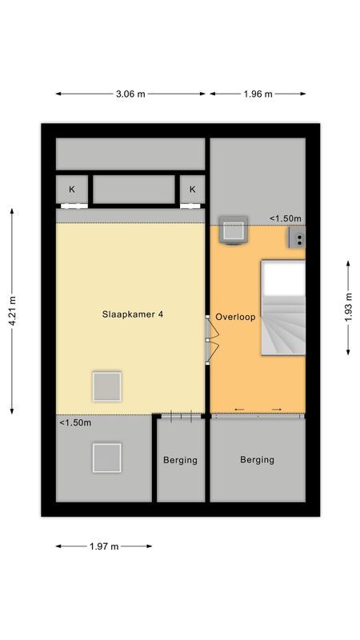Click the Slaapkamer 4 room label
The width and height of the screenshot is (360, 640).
(x=133, y=314)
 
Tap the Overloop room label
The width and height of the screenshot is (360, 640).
(x=235, y=317)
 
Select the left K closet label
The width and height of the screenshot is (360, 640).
(x=72, y=190)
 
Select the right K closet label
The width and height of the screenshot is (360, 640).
(x=192, y=190)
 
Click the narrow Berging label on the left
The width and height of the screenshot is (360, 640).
(x=180, y=460)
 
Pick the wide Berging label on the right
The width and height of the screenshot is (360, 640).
(x=257, y=460)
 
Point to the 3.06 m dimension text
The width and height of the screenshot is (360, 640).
(x=130, y=94)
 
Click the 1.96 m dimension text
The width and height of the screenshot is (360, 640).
(x=258, y=94)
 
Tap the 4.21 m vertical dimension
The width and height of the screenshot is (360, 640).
(x=12, y=311)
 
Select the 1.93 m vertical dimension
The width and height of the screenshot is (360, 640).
(x=349, y=308)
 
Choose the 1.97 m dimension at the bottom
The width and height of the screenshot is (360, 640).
(x=103, y=546)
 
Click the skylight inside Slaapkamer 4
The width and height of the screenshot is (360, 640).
(x=106, y=386)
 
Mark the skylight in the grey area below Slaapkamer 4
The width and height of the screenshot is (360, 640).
(x=106, y=458)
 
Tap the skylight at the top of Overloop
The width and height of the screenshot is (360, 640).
(x=234, y=230)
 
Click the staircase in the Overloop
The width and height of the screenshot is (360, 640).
(x=282, y=308)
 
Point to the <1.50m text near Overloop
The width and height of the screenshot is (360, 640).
(x=285, y=218)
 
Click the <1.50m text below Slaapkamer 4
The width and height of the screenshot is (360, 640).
(x=75, y=423)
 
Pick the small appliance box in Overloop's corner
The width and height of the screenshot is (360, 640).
(x=297, y=237)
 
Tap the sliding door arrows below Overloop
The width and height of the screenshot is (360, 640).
(x=257, y=410)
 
